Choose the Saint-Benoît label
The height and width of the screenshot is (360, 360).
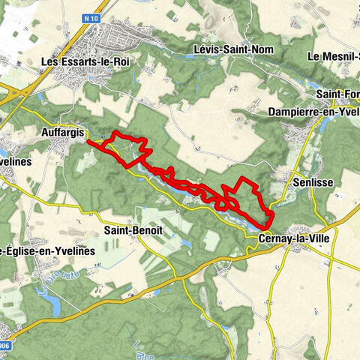point(132,229)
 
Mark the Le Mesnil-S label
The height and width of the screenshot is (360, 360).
point(334,56)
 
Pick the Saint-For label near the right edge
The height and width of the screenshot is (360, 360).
point(337,94)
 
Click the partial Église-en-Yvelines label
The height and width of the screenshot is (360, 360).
point(47,250)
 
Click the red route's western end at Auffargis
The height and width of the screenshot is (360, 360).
point(89,140)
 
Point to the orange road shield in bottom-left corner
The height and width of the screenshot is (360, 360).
point(4,346)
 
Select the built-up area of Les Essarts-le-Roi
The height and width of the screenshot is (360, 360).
point(120,37)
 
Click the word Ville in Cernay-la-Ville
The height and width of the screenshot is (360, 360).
point(315,238)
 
